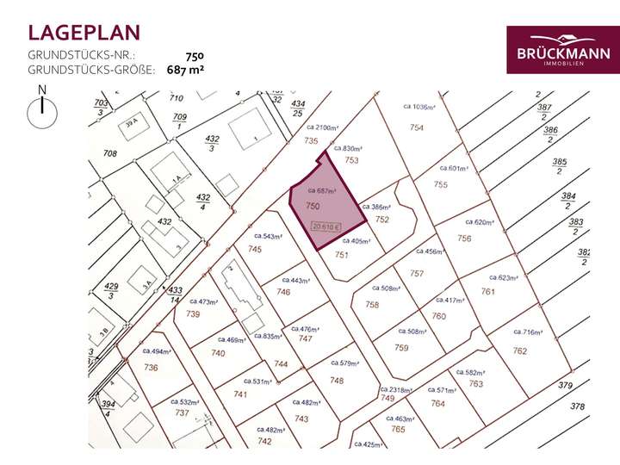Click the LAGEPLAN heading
(84, 34)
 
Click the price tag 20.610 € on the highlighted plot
(327, 227)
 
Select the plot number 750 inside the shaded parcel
(313, 207)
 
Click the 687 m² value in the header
(185, 70)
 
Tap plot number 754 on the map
(417, 127)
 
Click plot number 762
(520, 350)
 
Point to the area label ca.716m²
(530, 332)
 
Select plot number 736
(151, 368)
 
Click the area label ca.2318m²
(397, 389)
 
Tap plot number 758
(372, 305)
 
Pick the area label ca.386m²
(376, 208)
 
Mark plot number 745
(255, 249)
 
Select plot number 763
(476, 383)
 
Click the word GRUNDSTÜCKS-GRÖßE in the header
(91, 70)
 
